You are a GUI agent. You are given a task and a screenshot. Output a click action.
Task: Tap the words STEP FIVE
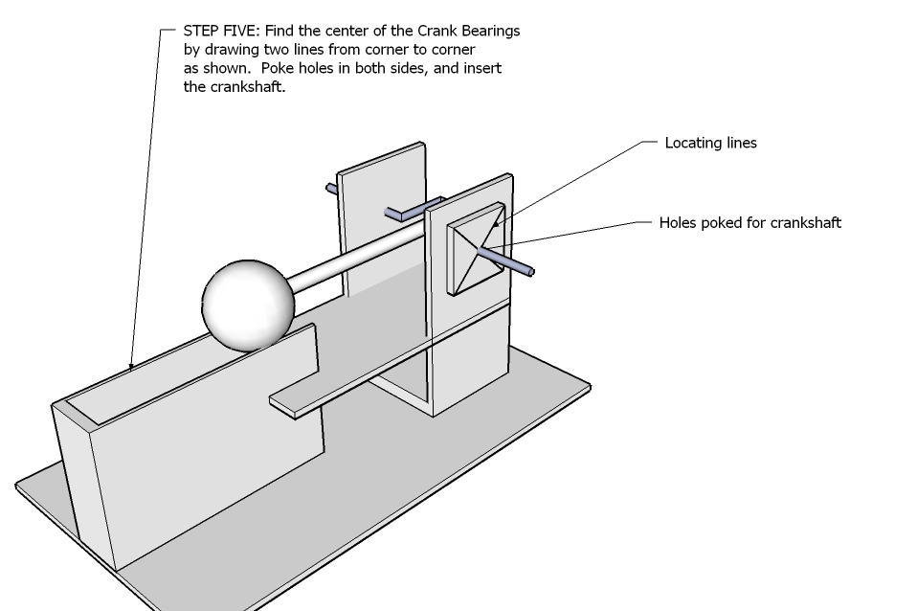pyautogui.click(x=220, y=31)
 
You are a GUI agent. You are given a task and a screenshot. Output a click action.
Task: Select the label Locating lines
pyautogui.click(x=710, y=143)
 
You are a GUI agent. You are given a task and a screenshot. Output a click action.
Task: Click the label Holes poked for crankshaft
pyautogui.click(x=749, y=222)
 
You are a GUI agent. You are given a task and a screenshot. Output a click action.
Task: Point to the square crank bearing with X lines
pyautogui.click(x=476, y=249)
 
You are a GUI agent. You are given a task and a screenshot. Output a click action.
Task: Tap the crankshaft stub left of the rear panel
pyautogui.click(x=331, y=189)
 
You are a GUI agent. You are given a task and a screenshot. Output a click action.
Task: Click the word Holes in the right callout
pyautogui.click(x=678, y=222)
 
